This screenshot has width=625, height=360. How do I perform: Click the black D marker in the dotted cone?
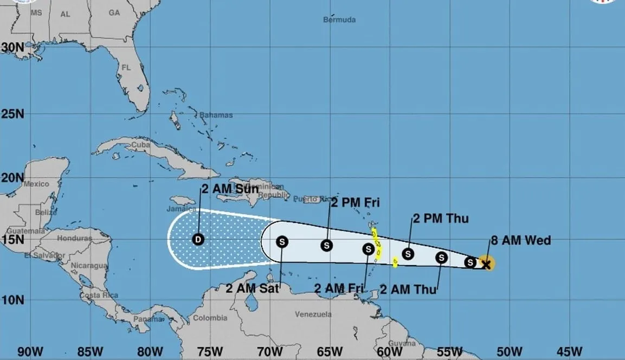coord(198,239)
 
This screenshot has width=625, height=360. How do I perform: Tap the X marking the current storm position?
coord(486,264)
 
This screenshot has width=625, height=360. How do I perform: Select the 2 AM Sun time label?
coord(230,189)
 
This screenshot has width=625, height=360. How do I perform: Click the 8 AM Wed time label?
coord(520,240)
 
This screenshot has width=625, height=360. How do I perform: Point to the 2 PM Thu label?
coord(440,219)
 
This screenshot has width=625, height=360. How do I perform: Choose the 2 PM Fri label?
coord(355,203)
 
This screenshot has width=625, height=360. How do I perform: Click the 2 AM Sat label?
coord(252,288)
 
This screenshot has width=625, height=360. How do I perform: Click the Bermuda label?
coord(339,20)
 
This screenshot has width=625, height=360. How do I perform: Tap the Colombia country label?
coord(210,318)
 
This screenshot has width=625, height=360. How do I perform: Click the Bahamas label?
coord(216,115)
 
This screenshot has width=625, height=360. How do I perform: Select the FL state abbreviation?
coord(126,68)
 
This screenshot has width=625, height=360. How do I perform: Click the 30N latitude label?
coord(12,47)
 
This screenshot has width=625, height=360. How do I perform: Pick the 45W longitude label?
coord(569,351)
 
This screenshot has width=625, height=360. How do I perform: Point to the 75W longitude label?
coord(209,351)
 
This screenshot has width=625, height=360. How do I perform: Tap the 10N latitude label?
coord(12,299)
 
